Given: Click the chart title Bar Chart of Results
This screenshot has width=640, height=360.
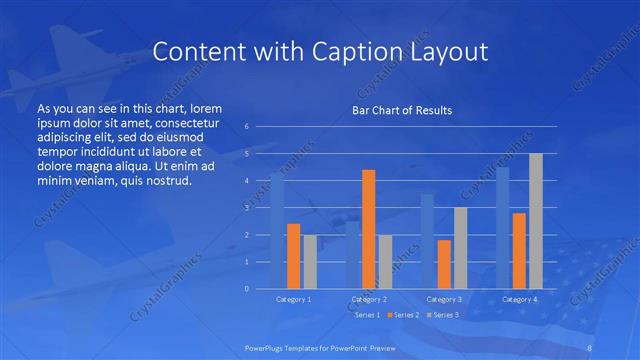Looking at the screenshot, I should point(400,110).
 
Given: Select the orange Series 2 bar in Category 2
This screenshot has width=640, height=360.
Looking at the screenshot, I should point(368,229).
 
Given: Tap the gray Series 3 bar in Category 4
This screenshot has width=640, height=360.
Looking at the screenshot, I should point(536,221).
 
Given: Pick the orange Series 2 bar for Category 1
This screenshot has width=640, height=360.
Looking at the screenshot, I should point(293,256).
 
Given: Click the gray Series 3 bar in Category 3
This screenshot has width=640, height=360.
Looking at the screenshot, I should point(460,248).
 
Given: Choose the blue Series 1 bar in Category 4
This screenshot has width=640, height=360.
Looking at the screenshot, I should point(503,227).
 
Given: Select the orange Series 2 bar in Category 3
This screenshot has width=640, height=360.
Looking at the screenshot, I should point(444,264).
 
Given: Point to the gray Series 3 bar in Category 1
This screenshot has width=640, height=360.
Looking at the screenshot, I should point(309,261).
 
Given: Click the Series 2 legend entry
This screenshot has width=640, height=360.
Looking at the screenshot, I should point(401,315).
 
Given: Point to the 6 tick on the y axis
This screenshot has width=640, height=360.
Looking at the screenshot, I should point(246,127).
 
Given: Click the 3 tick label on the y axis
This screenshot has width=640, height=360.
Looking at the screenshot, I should point(246,208).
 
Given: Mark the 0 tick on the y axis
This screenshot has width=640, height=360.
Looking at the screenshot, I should point(246,289).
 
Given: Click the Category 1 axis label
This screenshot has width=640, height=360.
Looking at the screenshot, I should point(293,299).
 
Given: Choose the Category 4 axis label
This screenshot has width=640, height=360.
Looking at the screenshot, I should point(519,299).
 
